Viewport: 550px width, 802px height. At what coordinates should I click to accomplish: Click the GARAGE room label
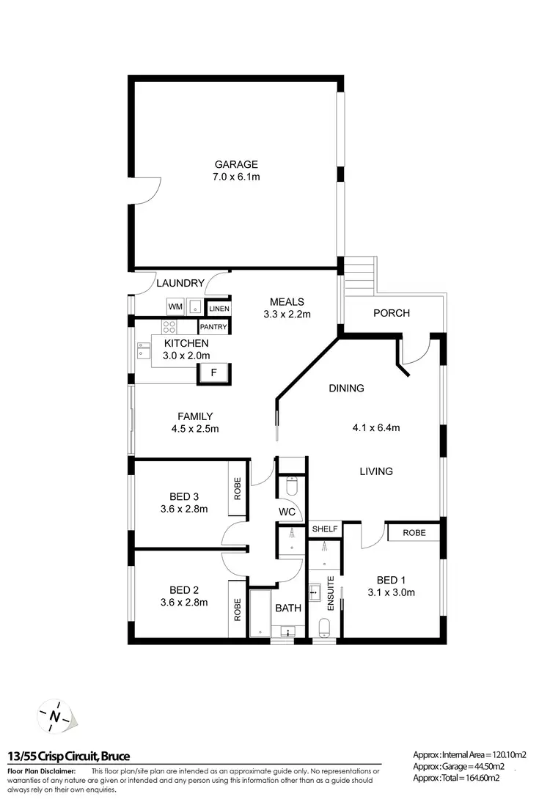pyautogui.click(x=235, y=165)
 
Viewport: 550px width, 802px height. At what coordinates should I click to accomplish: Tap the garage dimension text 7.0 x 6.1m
pyautogui.click(x=235, y=177)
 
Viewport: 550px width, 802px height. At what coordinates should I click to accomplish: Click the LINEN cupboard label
pyautogui.click(x=218, y=309)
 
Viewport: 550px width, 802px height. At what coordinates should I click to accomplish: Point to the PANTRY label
pyautogui.click(x=213, y=327)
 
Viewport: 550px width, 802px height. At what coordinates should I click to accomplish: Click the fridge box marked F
pyautogui.click(x=213, y=372)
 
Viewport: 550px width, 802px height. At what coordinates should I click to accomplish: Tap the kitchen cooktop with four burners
pyautogui.click(x=169, y=327)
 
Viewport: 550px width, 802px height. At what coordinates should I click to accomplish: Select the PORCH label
pyautogui.click(x=391, y=313)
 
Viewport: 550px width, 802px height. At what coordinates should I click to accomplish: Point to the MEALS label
pyautogui.click(x=287, y=302)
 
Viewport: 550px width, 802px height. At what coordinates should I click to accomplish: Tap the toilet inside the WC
pyautogui.click(x=291, y=487)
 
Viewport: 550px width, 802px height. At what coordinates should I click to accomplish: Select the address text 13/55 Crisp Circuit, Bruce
pyautogui.click(x=69, y=756)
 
